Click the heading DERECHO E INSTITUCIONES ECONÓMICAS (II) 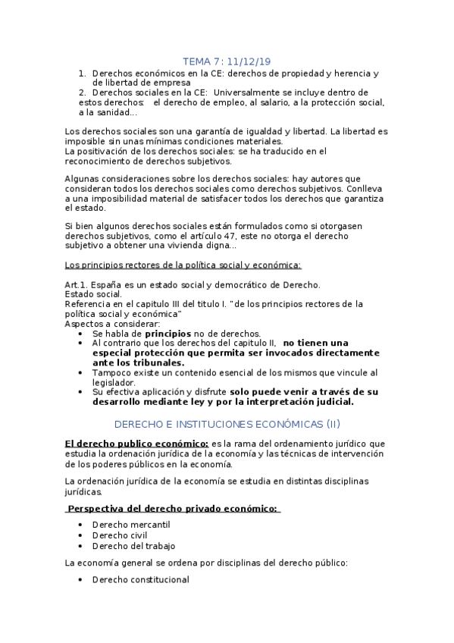click(227, 425)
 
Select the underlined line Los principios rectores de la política click(183, 265)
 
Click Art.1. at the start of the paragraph click(78, 284)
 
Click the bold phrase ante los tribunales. click(141, 363)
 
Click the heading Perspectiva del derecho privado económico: click(173, 508)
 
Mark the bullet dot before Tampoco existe click(82, 373)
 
